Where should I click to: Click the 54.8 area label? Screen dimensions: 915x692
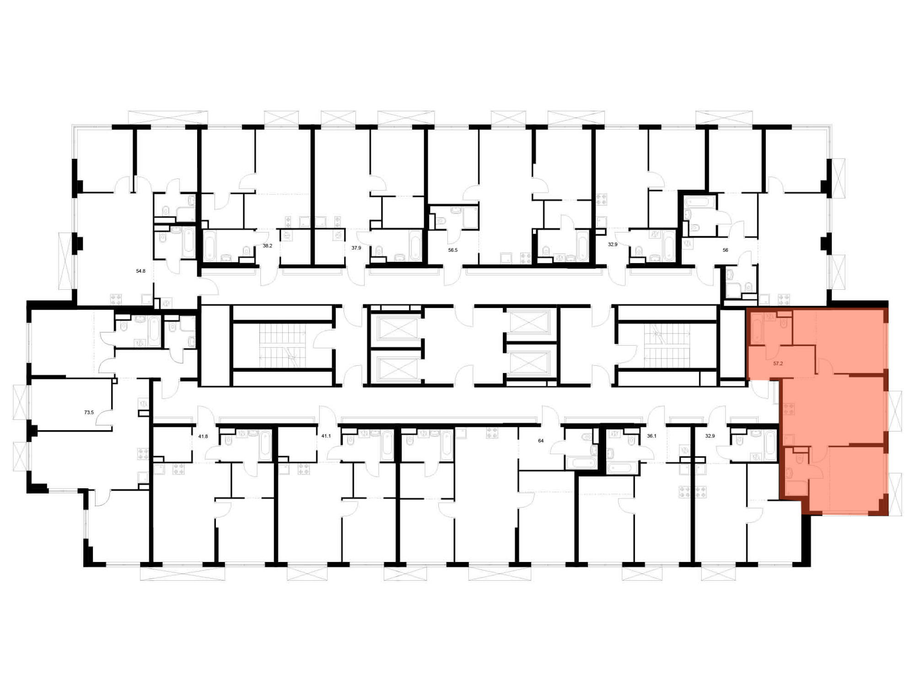[x=140, y=271]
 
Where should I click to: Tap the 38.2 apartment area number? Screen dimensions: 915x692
[x=267, y=246]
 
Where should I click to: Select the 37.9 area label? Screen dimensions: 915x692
[x=356, y=248]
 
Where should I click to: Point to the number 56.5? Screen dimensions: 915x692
[x=452, y=250]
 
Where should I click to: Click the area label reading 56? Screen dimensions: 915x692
[x=725, y=250]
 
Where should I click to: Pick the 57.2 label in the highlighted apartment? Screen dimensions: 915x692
[x=778, y=364]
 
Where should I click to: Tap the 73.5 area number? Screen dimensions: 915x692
[x=89, y=412]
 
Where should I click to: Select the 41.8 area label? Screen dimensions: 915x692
[x=203, y=436]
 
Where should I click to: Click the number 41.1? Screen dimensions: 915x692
[x=326, y=436]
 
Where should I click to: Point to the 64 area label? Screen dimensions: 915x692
[x=541, y=441]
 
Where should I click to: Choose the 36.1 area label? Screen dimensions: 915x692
[x=651, y=436]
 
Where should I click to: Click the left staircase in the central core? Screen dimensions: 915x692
[x=282, y=346]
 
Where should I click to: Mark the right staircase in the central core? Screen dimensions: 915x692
[x=666, y=346]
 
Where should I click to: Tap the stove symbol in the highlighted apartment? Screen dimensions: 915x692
[x=788, y=408]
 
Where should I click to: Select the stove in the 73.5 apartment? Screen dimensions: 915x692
[x=143, y=454]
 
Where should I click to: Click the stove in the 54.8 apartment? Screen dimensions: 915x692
[x=116, y=300]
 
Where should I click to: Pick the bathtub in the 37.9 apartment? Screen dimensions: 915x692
[x=415, y=246]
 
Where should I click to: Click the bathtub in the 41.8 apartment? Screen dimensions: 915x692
[x=265, y=445]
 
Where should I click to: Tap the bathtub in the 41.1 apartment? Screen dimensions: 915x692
[x=387, y=445]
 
